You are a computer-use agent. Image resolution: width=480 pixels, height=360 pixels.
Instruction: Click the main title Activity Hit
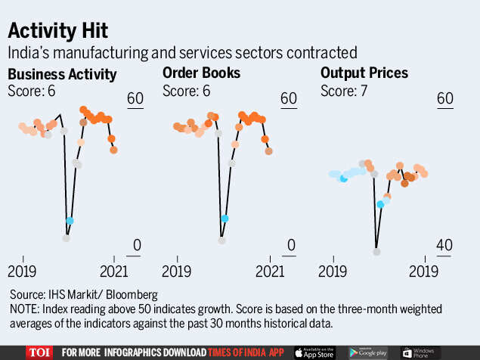coord(58,31)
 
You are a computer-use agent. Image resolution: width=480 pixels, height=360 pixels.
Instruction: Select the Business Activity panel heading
coord(62,74)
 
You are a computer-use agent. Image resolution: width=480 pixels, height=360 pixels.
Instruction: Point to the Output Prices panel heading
coord(364,74)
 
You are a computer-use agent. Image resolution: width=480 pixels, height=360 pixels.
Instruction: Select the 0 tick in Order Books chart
coord(292,246)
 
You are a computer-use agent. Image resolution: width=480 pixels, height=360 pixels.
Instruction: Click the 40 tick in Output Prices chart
coord(444,246)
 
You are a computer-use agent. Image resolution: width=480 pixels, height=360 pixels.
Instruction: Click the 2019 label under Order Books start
coord(175,271)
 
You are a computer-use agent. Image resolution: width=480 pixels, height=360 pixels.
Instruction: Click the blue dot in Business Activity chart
coord(70,221)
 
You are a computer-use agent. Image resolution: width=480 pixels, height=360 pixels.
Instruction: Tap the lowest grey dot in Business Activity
coord(67,238)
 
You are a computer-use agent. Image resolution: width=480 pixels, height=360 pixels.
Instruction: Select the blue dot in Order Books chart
coord(225,218)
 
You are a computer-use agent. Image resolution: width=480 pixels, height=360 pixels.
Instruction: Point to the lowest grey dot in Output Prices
coord(376,251)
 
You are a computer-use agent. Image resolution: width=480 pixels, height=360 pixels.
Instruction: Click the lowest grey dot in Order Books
coord(221,241)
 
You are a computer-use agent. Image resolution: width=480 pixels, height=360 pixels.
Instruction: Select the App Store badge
coord(314,352)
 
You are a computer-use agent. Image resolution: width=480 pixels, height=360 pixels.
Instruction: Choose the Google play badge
coord(368,352)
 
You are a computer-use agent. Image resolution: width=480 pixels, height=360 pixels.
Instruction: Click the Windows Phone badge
coord(421,352)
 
